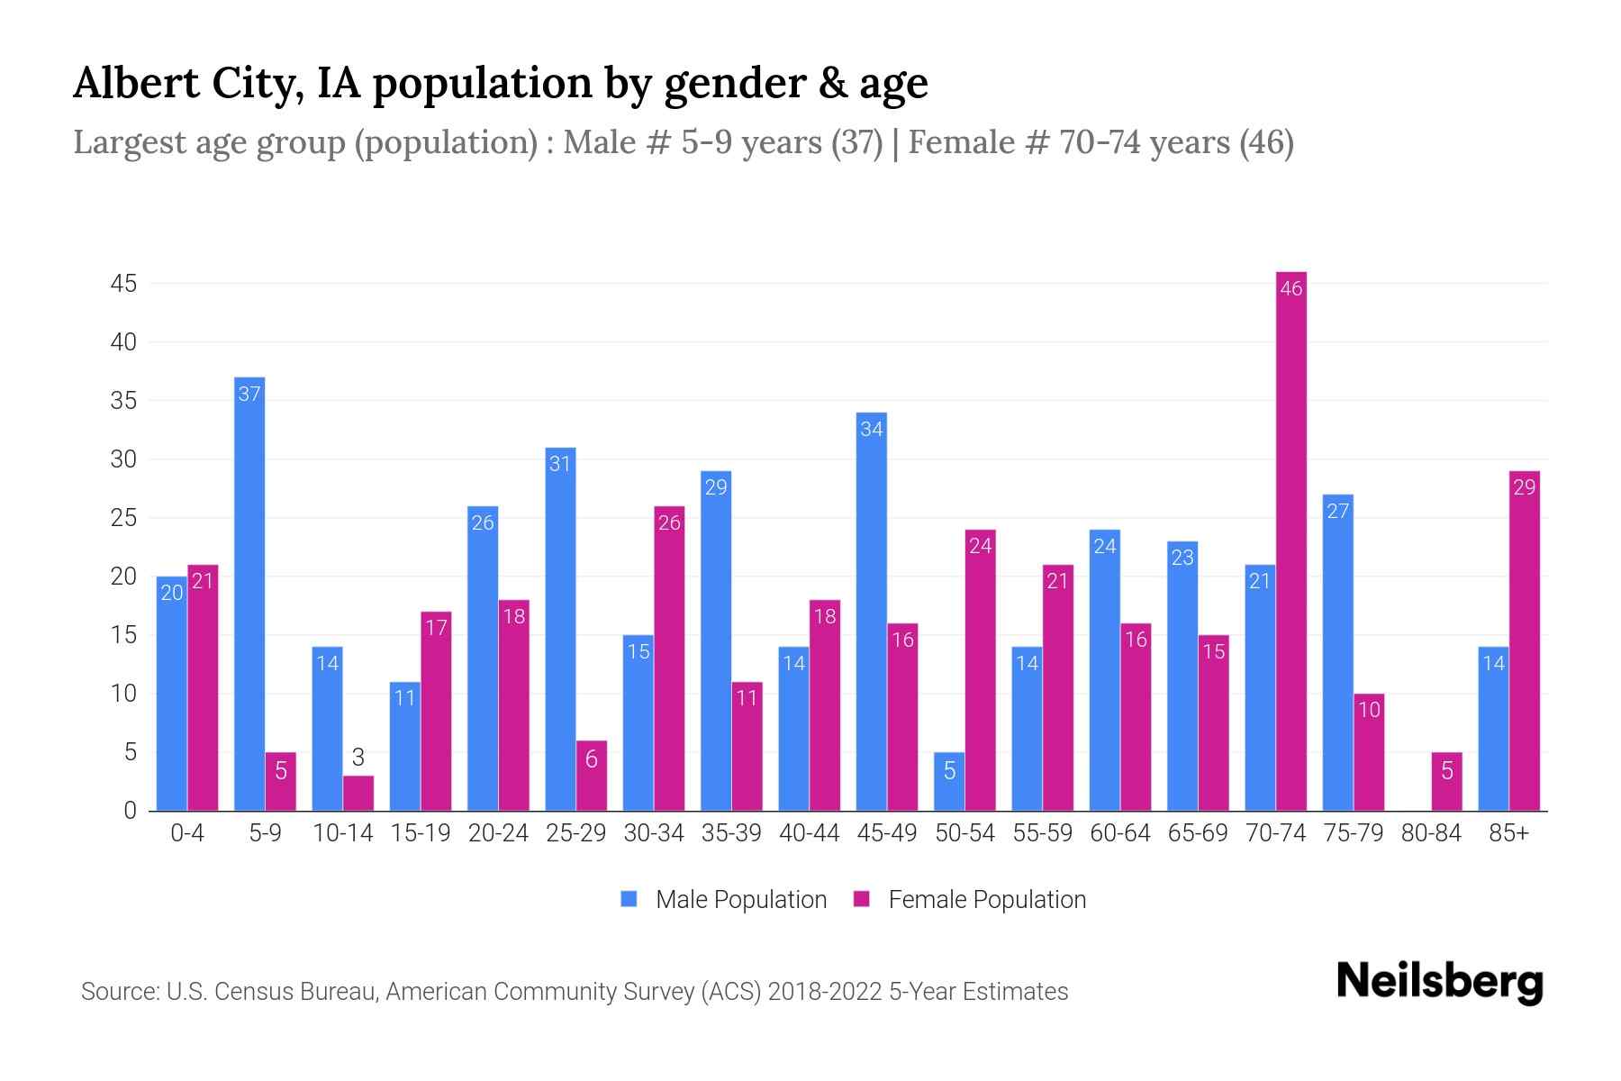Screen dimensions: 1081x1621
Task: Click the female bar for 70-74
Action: click(1290, 540)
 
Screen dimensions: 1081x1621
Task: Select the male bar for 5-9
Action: click(249, 595)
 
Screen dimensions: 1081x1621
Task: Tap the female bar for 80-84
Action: click(1446, 782)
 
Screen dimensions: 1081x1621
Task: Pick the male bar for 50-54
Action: click(949, 782)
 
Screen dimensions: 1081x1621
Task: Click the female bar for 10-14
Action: click(358, 794)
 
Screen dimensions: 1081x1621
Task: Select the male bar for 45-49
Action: click(871, 613)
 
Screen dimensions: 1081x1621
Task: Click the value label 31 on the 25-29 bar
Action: click(560, 464)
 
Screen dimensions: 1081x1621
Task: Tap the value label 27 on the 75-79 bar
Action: click(1337, 511)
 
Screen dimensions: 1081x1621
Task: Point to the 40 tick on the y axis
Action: click(123, 342)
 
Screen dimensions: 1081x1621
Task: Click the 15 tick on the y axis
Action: click(123, 635)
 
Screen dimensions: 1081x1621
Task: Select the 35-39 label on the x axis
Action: click(731, 833)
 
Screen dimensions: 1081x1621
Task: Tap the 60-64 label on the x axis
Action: click(1119, 833)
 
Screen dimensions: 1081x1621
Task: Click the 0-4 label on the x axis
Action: click(187, 833)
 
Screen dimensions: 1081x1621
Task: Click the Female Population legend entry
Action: click(970, 899)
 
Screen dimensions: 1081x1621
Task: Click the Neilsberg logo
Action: click(1439, 982)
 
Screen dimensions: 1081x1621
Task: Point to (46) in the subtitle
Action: click(1266, 142)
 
